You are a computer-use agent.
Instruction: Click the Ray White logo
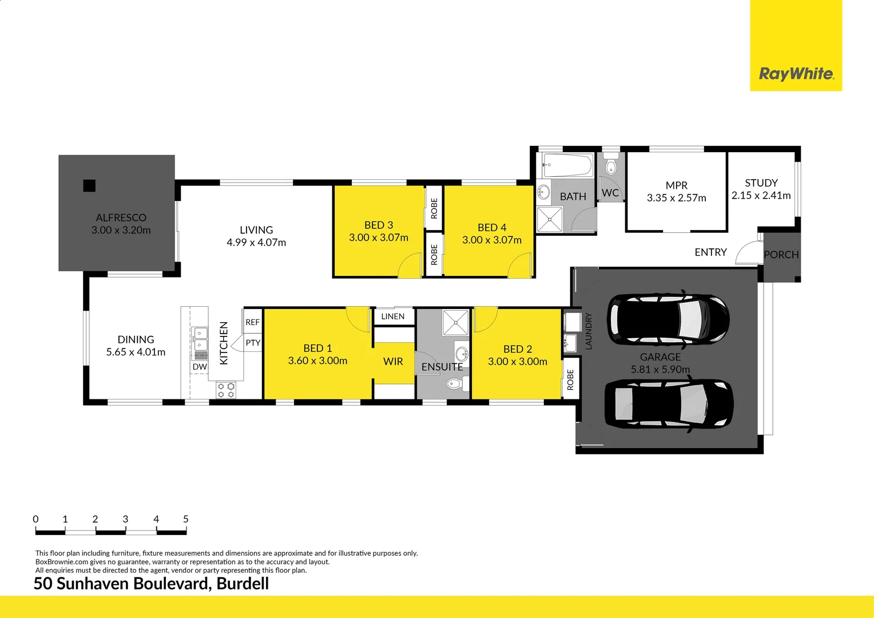click(796, 74)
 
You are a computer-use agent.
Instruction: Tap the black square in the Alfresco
click(89, 185)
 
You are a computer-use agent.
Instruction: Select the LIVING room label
click(256, 230)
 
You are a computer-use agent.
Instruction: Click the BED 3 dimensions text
click(379, 237)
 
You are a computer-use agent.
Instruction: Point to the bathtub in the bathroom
click(568, 166)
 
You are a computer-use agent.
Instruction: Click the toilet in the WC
click(611, 166)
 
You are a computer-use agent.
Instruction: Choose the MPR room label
click(677, 185)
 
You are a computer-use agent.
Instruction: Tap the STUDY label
click(761, 183)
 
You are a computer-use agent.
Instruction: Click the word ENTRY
click(710, 252)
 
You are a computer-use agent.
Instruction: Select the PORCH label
click(781, 255)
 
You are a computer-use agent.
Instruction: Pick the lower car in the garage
click(669, 405)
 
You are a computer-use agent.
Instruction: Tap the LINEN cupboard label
click(393, 316)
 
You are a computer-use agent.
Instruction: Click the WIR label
click(393, 362)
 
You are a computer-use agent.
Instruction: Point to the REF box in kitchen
click(252, 322)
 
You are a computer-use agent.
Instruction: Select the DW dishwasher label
click(200, 367)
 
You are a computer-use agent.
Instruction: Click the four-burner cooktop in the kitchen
click(226, 390)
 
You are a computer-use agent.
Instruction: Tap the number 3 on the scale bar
click(125, 519)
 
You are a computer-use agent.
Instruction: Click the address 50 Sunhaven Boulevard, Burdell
click(151, 584)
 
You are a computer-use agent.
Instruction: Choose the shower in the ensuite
click(456, 322)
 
